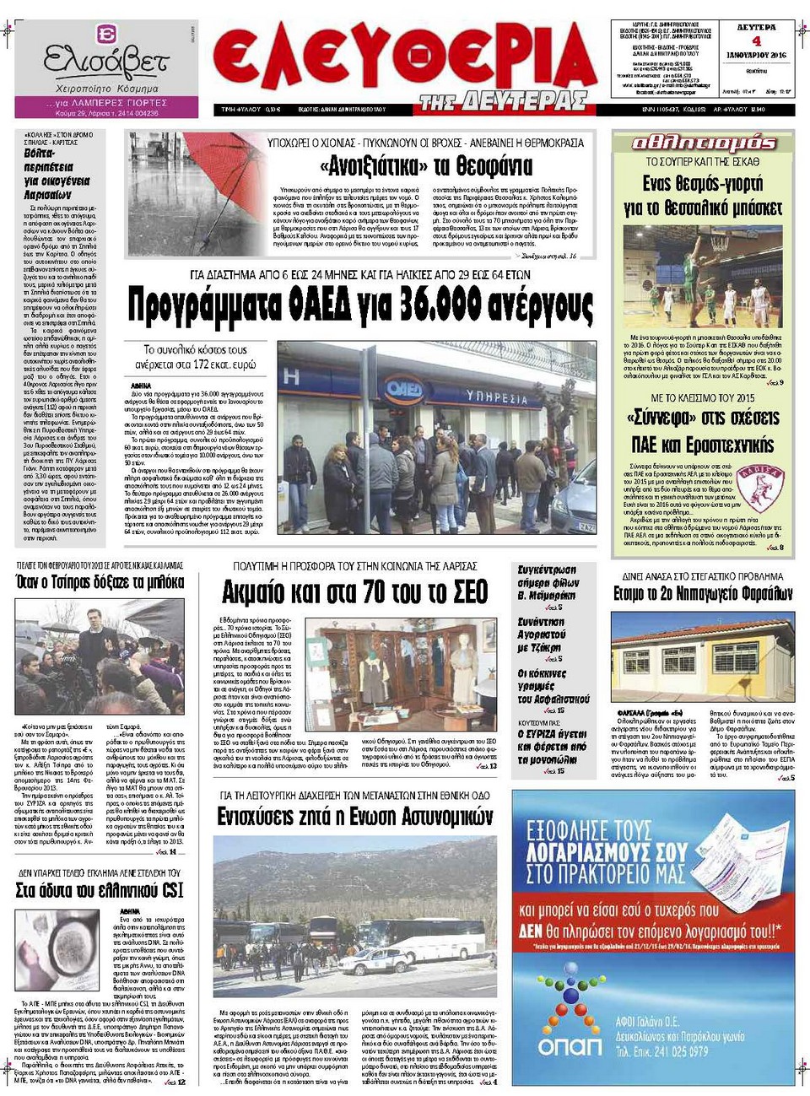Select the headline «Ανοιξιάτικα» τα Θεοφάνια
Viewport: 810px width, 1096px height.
pyautogui.click(x=426, y=165)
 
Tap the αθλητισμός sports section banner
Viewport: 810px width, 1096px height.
pyautogui.click(x=703, y=143)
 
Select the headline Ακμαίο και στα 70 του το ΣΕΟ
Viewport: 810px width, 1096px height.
pyautogui.click(x=354, y=592)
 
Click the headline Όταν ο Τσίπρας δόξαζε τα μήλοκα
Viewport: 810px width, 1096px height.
pyautogui.click(x=100, y=582)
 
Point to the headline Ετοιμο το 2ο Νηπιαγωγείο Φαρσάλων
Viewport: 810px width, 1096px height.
pyautogui.click(x=703, y=594)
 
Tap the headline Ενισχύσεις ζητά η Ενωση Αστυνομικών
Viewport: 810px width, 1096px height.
pyautogui.click(x=354, y=817)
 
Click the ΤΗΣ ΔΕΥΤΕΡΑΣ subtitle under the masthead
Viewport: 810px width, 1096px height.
pyautogui.click(x=504, y=102)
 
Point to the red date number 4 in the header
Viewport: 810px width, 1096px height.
pyautogui.click(x=756, y=41)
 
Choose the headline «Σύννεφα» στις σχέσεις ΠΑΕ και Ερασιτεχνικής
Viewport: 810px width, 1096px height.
pyautogui.click(x=703, y=431)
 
